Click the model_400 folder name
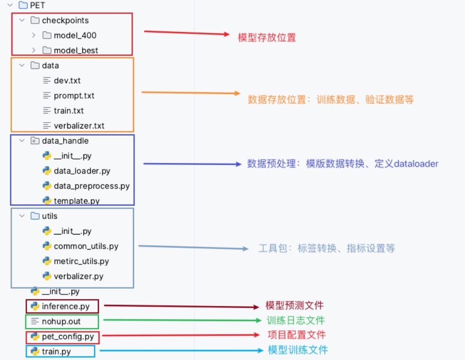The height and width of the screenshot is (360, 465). [x=75, y=35]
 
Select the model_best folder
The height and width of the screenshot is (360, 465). [x=76, y=50]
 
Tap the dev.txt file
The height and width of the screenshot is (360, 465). [x=67, y=80]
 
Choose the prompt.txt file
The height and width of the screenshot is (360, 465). [x=74, y=95]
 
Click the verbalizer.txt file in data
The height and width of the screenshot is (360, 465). [x=79, y=125]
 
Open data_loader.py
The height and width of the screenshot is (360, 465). [x=82, y=171]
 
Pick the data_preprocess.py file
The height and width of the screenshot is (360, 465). [x=91, y=186]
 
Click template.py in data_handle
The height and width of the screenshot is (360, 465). [x=76, y=201]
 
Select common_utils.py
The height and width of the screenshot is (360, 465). [x=86, y=246]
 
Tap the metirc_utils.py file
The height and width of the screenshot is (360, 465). [x=81, y=261]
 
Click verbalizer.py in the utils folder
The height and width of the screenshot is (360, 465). [x=78, y=276]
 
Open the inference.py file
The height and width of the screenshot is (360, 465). [x=66, y=306]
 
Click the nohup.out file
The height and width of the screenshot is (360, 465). [x=61, y=321]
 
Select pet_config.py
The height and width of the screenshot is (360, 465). [x=67, y=336]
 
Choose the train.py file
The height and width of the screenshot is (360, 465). [x=56, y=351]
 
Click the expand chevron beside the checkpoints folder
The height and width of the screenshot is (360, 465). [x=21, y=20]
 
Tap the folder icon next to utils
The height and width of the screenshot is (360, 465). [x=35, y=216]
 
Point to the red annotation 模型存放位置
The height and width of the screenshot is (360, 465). [x=266, y=37]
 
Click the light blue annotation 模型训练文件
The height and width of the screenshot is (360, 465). [x=297, y=349]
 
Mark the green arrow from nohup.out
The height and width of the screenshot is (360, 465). [x=180, y=320]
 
